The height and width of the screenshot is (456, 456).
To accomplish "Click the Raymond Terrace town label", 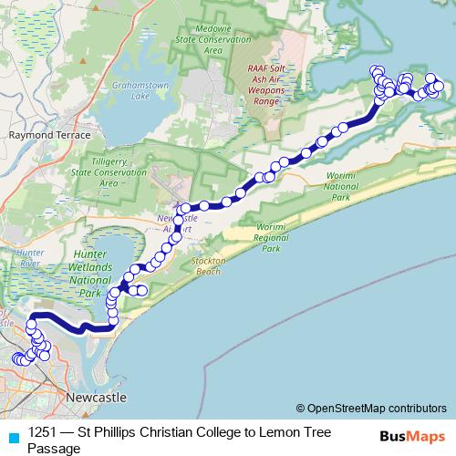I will pos(49,134).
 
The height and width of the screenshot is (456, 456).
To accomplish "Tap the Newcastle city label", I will pos(96,399).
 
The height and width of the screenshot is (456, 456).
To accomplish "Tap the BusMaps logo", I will pos(411,435).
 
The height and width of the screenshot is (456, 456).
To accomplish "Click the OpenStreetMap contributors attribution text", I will pos(376,409).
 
